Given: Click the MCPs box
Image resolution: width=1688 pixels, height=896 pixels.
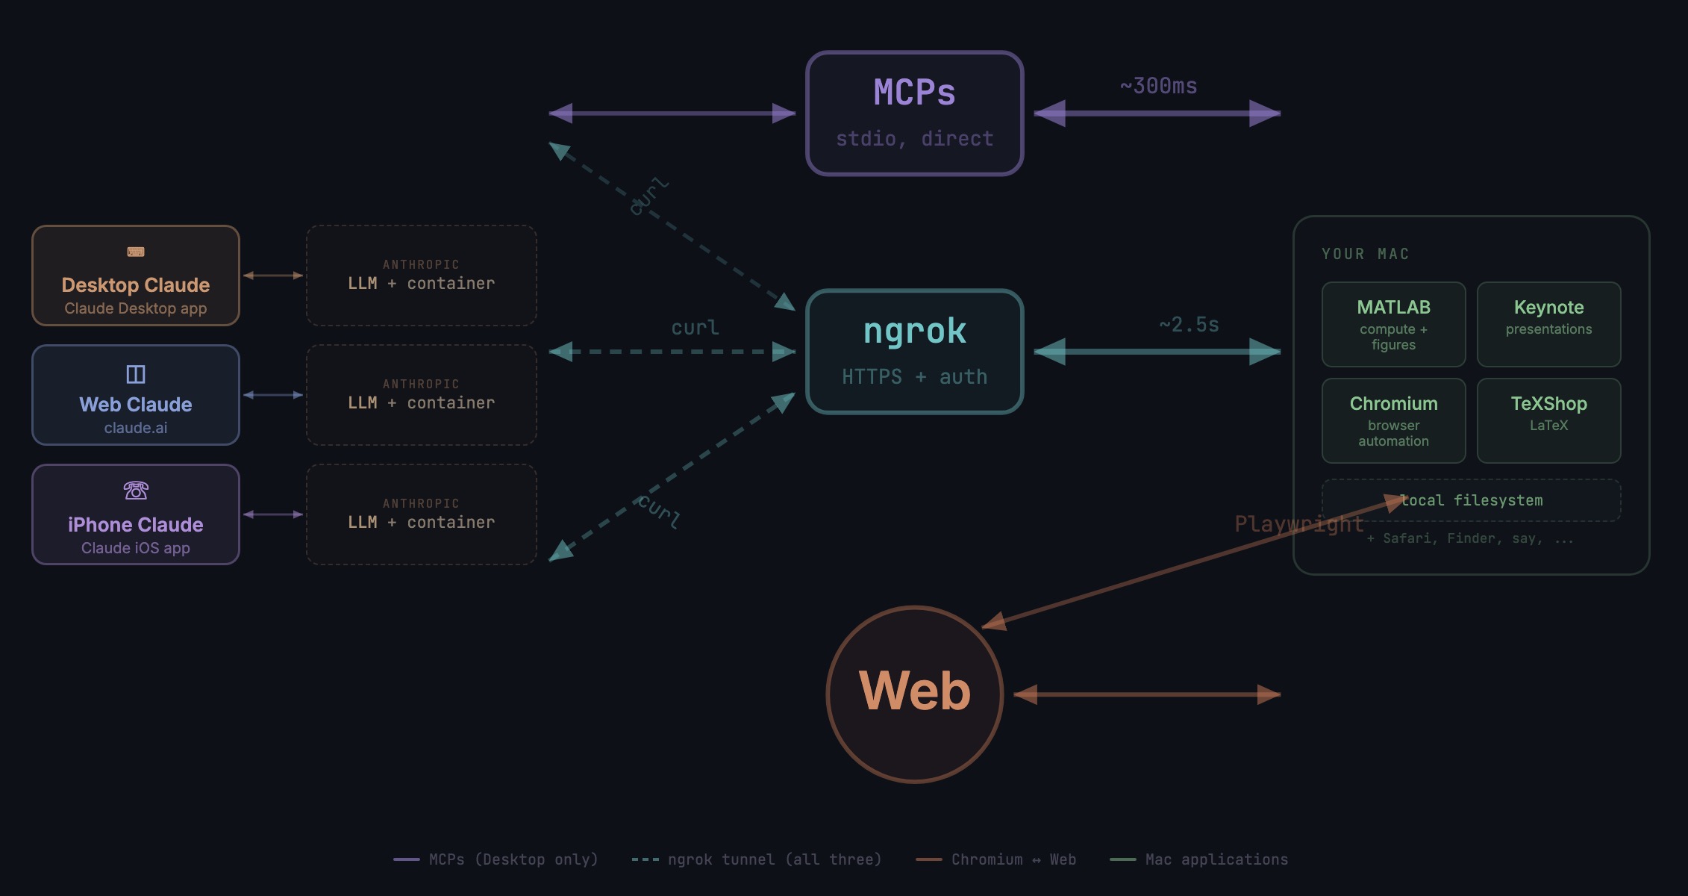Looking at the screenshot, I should pos(914,113).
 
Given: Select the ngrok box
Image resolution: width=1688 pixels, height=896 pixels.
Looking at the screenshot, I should pos(914,351).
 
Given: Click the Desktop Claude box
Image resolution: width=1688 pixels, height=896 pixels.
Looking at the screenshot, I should pos(136,276).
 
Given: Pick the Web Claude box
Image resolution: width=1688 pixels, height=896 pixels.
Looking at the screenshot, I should pos(136,395).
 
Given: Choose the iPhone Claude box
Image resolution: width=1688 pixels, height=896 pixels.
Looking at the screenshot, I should pos(136,514).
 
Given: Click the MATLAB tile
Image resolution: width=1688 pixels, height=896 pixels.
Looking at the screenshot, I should pos(1393,324).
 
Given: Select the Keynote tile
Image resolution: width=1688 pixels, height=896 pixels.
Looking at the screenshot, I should pos(1548,324).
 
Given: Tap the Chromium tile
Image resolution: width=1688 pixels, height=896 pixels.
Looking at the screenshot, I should pos(1393,420).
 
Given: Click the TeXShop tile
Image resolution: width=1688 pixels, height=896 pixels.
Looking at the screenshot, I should pos(1548,420).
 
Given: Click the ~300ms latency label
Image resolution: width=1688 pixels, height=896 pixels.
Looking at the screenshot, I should pos(1158,86).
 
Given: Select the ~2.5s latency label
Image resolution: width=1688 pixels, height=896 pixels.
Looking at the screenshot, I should pos(1189,325).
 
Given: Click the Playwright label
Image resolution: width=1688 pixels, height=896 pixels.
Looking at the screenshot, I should pos(1298,524).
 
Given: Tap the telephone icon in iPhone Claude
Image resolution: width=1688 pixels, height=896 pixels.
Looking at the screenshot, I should pos(136,491).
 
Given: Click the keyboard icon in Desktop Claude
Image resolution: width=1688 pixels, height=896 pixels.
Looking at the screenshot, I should pos(136,252).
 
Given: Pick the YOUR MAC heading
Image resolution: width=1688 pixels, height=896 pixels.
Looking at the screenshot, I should pos(1365,254).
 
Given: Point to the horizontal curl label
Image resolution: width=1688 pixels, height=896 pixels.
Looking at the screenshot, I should pos(695,328).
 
